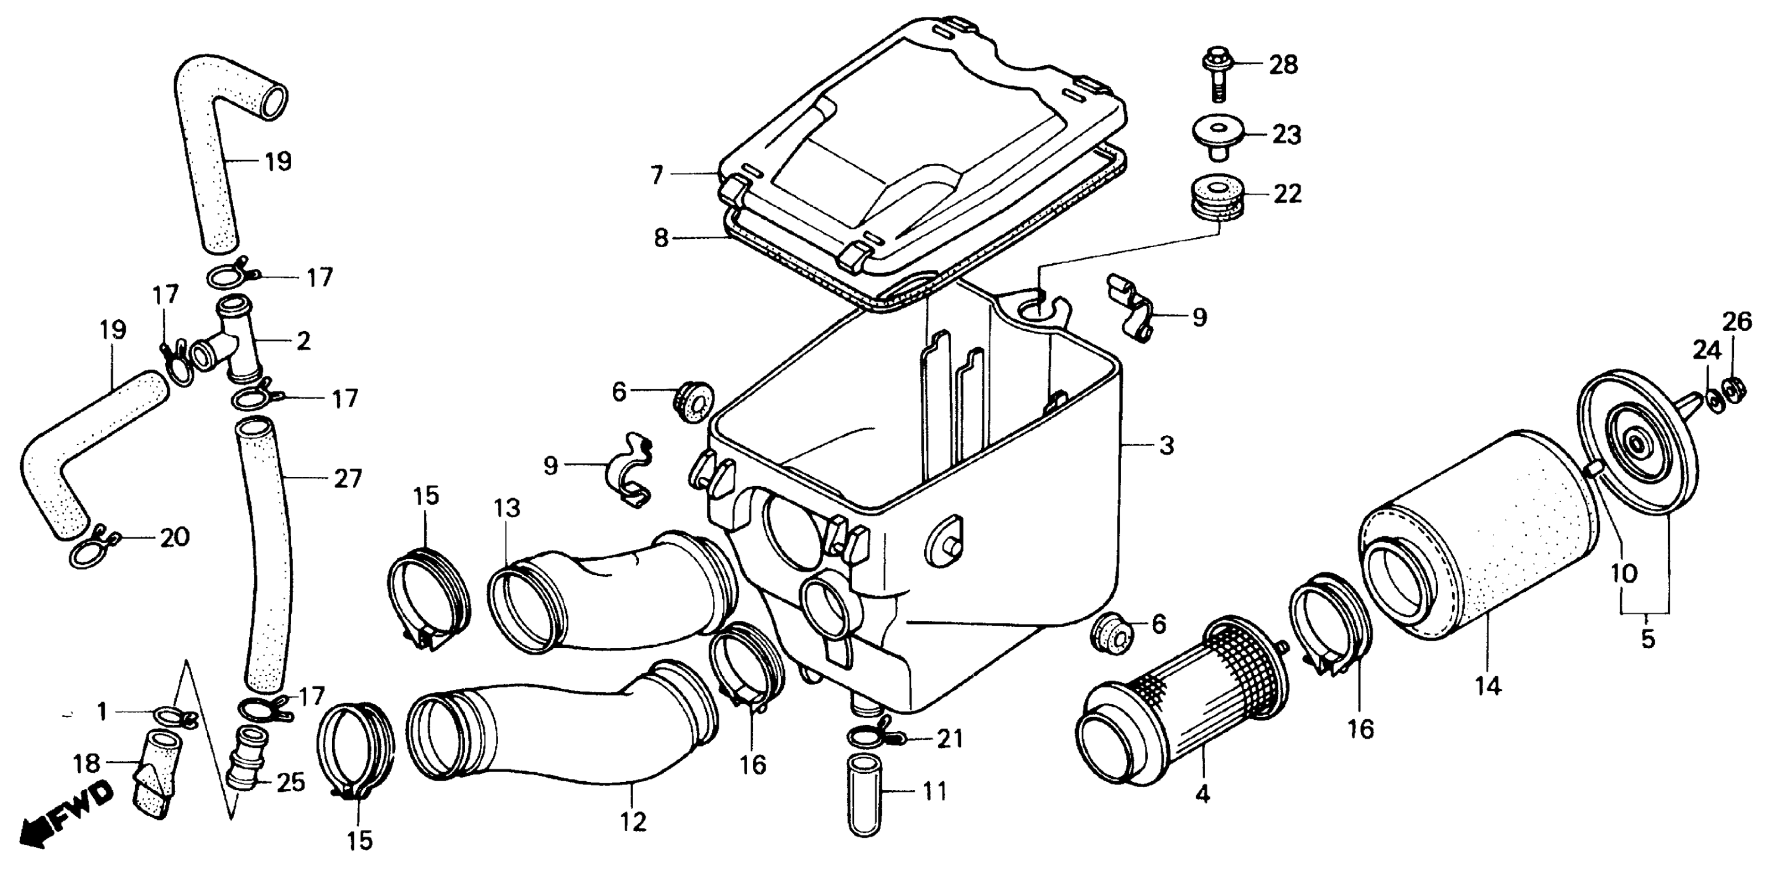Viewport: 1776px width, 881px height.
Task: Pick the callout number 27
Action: click(x=348, y=478)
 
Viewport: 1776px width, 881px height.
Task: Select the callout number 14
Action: click(x=1488, y=687)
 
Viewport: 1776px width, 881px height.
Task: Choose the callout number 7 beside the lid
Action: click(x=656, y=175)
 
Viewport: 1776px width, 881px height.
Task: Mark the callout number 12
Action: click(x=633, y=822)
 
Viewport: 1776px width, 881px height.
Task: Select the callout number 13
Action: click(x=507, y=508)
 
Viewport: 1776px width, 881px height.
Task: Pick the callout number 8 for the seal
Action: click(x=661, y=239)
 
